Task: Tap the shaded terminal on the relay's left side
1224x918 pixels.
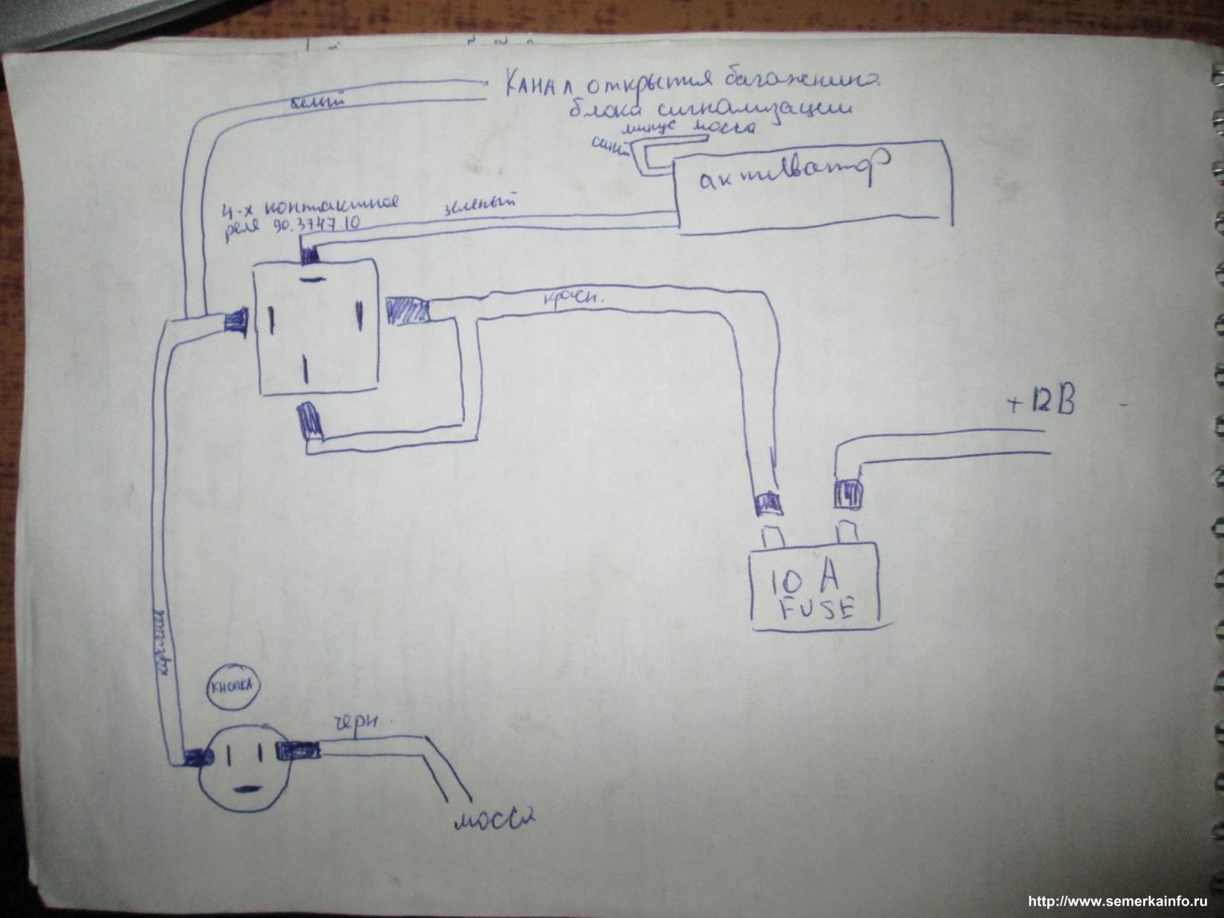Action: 235,320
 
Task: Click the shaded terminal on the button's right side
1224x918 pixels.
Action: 299,750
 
